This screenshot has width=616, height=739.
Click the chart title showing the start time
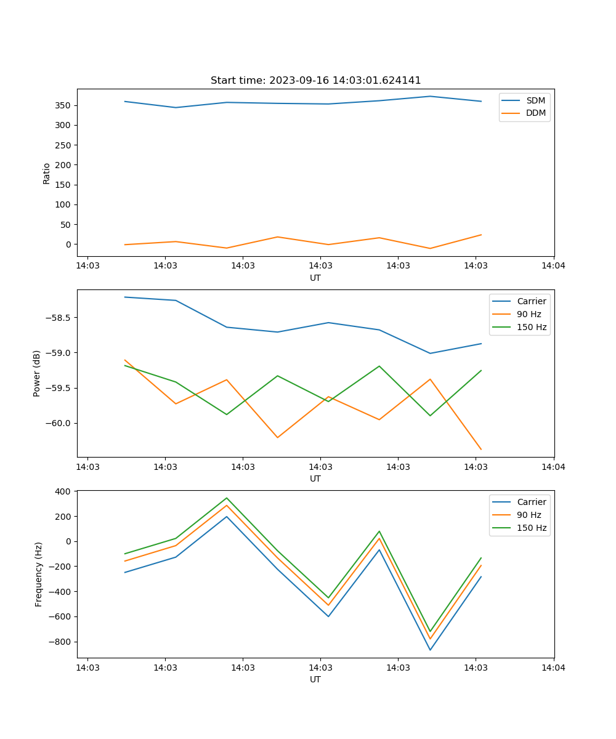315,81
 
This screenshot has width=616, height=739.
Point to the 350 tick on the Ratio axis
63,105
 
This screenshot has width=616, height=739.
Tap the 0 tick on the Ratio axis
68,244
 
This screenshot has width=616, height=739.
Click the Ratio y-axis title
47,173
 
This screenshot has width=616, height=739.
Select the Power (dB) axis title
37,373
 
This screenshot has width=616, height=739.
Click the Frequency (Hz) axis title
38,574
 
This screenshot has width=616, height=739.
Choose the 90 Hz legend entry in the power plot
529,314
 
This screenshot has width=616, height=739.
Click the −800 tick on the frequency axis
61,642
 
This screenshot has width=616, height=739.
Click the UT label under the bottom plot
315,679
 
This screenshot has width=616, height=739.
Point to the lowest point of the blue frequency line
430,650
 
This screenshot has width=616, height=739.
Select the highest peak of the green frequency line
227,498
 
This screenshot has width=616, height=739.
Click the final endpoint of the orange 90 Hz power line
481,450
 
